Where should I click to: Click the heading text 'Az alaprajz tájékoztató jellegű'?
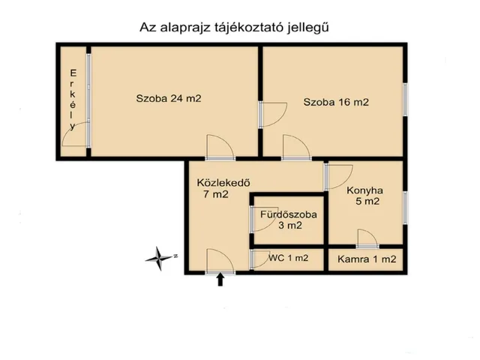click(235, 27)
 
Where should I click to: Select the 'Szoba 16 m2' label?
click(335, 103)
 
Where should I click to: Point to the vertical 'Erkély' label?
click(73, 100)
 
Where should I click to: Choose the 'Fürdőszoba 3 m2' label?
click(288, 220)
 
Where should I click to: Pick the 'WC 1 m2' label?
click(287, 259)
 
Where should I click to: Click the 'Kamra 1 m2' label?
click(366, 259)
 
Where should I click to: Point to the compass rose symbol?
click(160, 258)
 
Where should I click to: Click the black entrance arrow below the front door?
click(220, 280)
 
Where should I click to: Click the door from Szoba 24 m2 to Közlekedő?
click(220, 148)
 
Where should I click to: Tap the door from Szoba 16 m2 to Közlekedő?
click(293, 148)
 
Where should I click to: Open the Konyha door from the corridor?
click(335, 175)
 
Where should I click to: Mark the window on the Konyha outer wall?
click(404, 208)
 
